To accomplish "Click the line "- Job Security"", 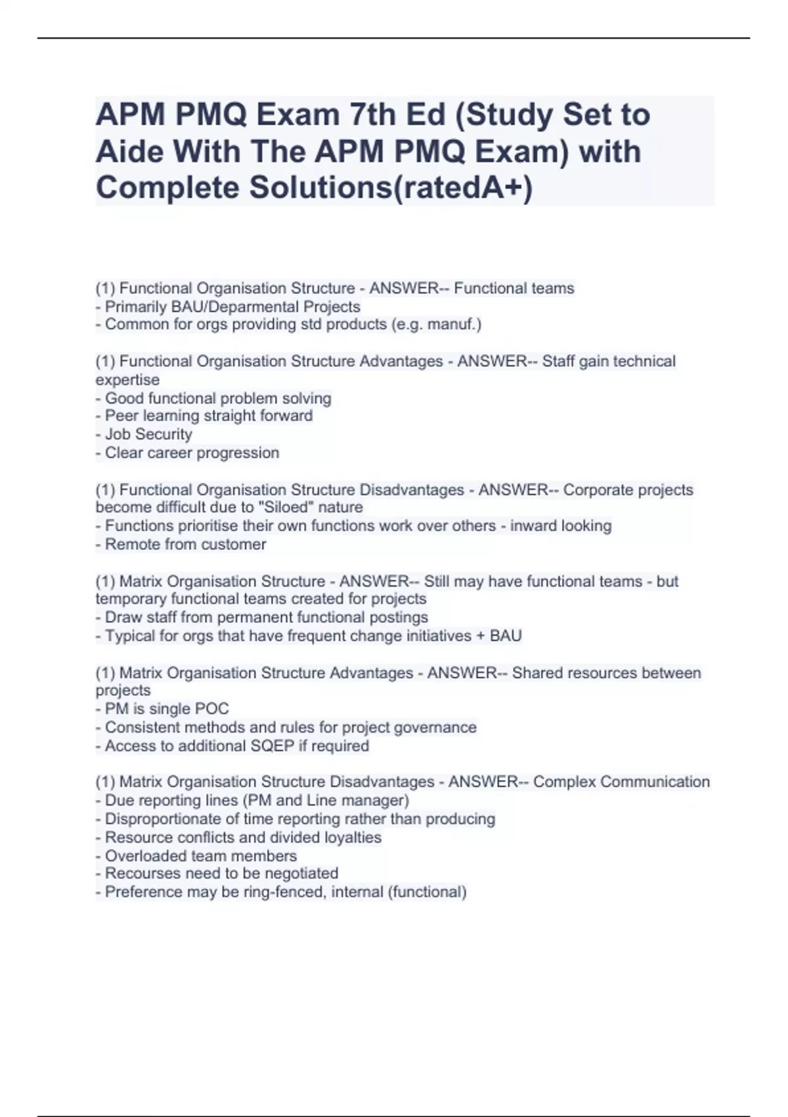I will tap(144, 434).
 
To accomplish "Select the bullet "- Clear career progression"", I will tap(187, 453).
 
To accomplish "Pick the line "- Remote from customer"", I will tap(181, 544).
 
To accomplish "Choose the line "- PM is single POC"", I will tap(162, 709).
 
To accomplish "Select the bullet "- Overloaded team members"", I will tap(196, 855).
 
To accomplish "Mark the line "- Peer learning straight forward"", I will tap(204, 416).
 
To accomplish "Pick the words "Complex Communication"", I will tap(621, 782).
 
